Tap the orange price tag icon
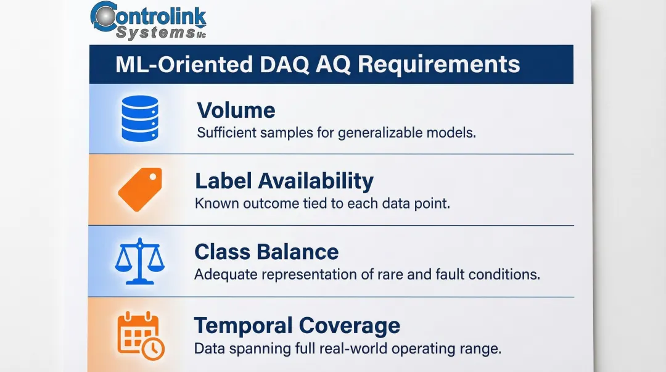[x=139, y=189]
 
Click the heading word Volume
[x=236, y=110]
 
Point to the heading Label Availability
[x=284, y=181]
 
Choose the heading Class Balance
[x=266, y=252]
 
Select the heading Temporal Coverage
[x=297, y=325]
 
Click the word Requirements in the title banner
[x=439, y=64]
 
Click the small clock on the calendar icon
[x=153, y=349]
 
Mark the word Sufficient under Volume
[x=223, y=133]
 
